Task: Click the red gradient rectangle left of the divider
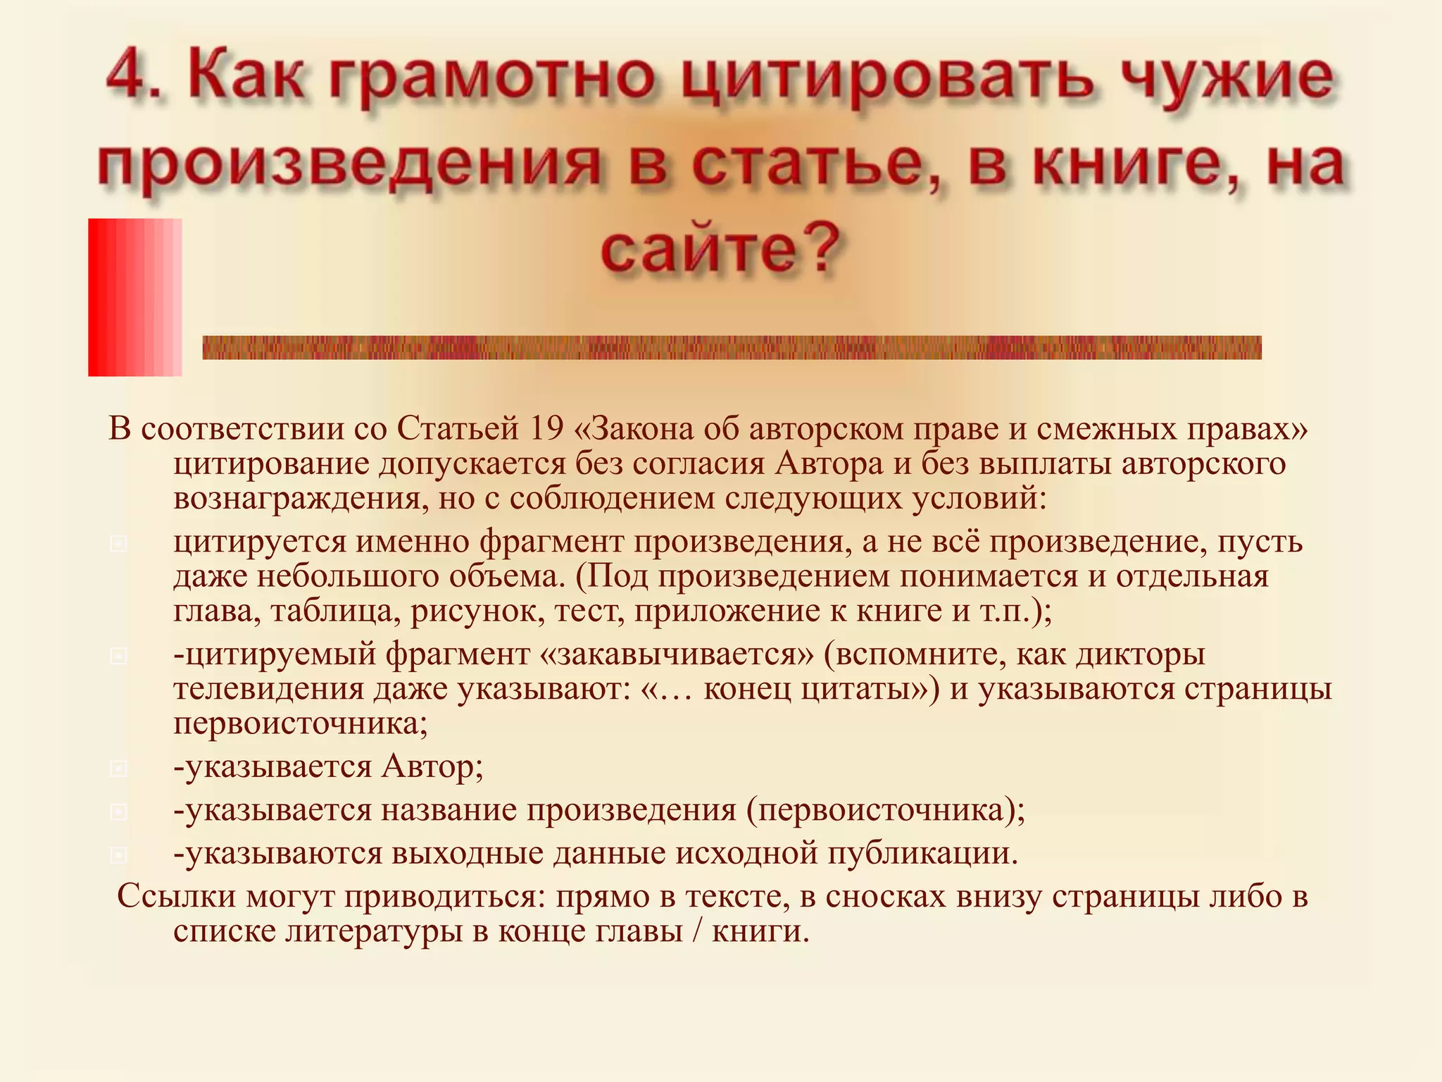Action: coord(134,297)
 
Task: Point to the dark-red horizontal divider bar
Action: coord(732,347)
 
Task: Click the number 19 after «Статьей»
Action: coord(546,429)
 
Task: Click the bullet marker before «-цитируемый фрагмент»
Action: coord(119,657)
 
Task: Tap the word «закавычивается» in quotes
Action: coord(677,654)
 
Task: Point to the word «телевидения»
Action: coord(268,689)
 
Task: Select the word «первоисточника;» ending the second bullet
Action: coord(301,723)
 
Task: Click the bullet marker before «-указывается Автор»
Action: coord(119,769)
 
